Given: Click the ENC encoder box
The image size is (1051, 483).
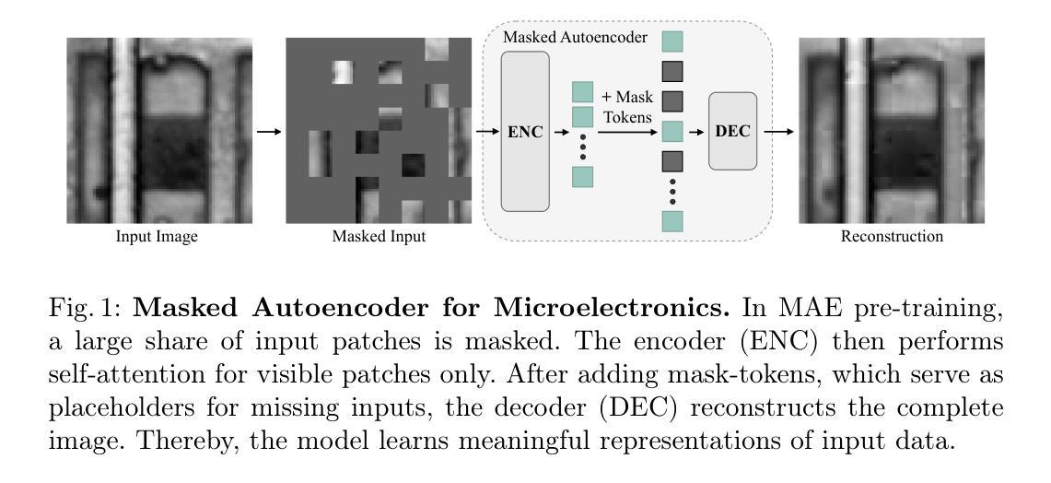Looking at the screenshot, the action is tap(525, 132).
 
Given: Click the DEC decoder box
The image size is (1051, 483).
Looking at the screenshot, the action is tap(732, 131).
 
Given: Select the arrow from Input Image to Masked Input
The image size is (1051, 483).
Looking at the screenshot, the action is tap(270, 132).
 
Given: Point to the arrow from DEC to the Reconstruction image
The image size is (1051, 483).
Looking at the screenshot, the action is tap(778, 132).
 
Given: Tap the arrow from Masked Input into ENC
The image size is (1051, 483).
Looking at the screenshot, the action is tap(487, 132).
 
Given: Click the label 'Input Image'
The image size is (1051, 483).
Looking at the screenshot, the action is tap(157, 237).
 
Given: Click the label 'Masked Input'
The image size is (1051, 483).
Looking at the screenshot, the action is tap(379, 237).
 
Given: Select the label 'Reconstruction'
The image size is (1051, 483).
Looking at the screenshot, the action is tap(892, 237).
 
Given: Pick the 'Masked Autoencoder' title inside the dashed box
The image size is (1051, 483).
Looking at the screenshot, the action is tap(575, 38).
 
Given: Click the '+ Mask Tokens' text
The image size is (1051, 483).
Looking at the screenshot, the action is tap(627, 107).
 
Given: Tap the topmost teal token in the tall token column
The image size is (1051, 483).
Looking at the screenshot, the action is tap(672, 41).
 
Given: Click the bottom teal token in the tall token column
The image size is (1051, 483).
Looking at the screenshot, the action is tap(672, 221).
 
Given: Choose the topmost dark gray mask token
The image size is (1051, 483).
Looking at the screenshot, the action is tap(672, 70).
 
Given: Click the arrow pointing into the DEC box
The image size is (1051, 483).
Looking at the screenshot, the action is tap(696, 132).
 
